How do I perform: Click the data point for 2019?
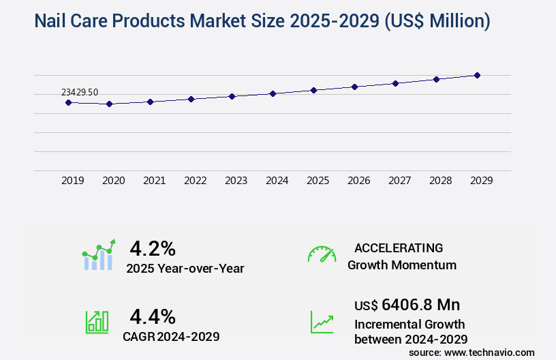click(68, 102)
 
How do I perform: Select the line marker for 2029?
click(477, 75)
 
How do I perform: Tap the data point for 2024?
click(273, 93)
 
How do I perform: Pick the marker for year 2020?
click(109, 104)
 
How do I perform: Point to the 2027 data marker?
click(395, 83)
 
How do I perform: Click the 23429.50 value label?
click(80, 92)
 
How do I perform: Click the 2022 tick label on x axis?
click(196, 181)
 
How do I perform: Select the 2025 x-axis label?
click(318, 181)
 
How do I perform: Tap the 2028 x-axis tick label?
click(441, 181)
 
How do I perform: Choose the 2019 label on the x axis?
click(73, 181)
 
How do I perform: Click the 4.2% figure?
click(153, 247)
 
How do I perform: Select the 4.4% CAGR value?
click(153, 316)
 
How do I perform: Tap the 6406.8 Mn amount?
click(412, 305)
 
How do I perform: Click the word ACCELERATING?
click(399, 247)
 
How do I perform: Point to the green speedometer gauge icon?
click(322, 254)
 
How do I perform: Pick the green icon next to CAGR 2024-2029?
click(97, 321)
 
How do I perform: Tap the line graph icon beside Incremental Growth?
click(322, 322)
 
